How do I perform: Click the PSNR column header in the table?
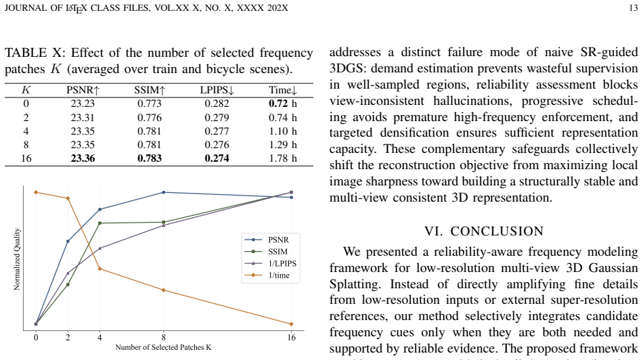83,90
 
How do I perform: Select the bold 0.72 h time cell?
282,104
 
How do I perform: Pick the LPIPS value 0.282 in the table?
217,104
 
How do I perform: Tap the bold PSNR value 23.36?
83,158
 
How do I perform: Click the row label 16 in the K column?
26,158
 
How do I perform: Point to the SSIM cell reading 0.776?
150,118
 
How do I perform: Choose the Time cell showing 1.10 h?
282,131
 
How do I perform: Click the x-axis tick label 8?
164,338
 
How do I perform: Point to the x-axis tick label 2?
68,338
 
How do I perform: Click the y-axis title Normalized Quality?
17,259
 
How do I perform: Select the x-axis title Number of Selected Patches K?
163,347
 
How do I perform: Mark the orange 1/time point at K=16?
291,324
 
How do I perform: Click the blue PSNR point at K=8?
164,192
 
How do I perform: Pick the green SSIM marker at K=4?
99,223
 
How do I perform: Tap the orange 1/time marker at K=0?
36,192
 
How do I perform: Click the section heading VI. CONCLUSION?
484,231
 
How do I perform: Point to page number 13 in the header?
633,8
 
